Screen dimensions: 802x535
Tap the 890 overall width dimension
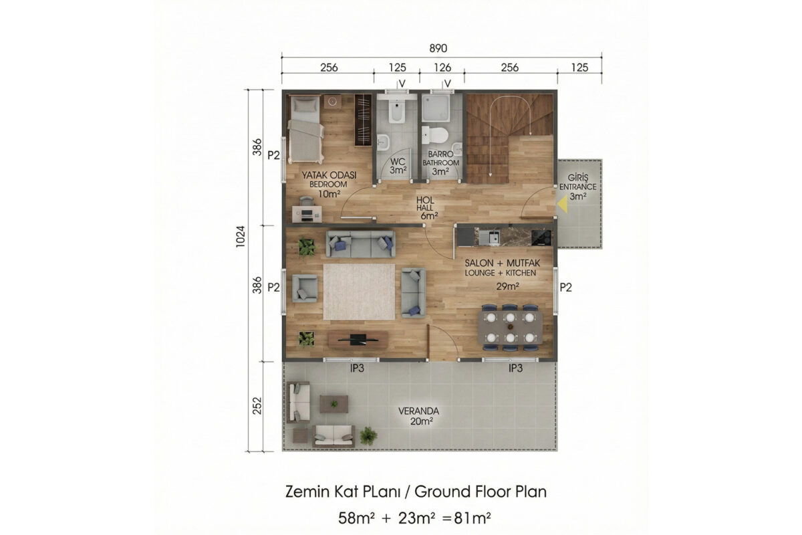(x=438, y=48)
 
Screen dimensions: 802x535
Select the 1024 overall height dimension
(x=240, y=236)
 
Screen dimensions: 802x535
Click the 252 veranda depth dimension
(x=257, y=406)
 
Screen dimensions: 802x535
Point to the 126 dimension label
(x=442, y=68)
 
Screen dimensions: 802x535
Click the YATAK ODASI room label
(x=329, y=175)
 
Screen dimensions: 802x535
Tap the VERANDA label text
(x=418, y=411)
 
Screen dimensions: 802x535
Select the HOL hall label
(x=425, y=200)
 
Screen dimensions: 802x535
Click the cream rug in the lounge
(x=359, y=292)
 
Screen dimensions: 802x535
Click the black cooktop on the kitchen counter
(x=541, y=237)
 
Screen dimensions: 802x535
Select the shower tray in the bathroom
(x=435, y=108)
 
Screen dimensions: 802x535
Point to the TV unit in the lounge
(x=358, y=339)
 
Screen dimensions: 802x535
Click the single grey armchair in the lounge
(x=305, y=288)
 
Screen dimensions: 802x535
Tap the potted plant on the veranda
(x=368, y=436)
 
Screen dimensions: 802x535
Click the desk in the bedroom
(x=307, y=214)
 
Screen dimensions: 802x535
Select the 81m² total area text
(x=472, y=518)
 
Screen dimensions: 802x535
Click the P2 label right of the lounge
(x=565, y=288)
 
